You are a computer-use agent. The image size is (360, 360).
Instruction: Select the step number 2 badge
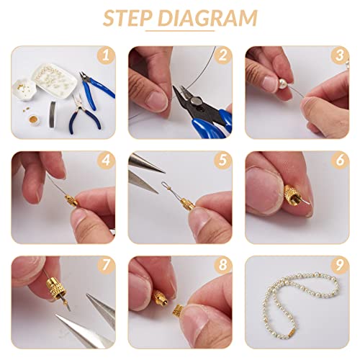[x=223, y=54]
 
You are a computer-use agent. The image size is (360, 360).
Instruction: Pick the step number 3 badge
[x=338, y=54]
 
